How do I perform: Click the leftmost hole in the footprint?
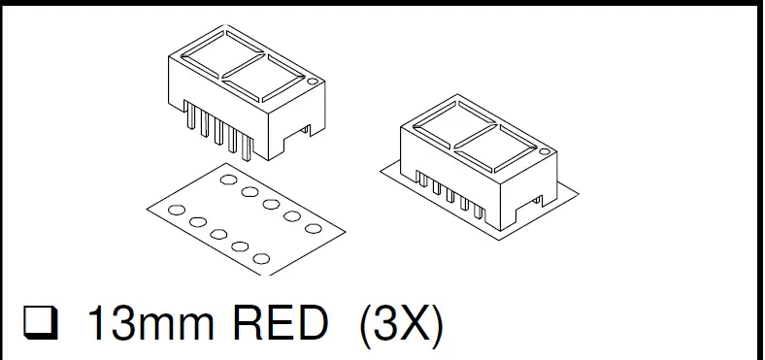coord(177,210)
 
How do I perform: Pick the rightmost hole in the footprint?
coord(313,228)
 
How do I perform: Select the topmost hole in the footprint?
coord(230,179)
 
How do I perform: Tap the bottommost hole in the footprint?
coord(260,258)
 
